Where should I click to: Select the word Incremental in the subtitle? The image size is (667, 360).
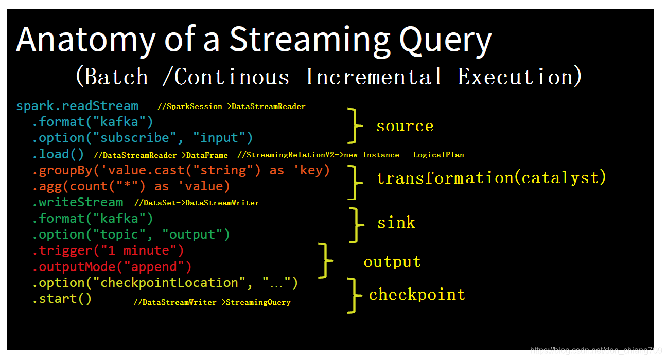(373, 77)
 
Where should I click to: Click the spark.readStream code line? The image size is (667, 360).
(77, 106)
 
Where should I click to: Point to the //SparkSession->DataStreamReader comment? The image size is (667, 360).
(231, 107)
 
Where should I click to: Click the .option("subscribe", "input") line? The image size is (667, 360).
(143, 138)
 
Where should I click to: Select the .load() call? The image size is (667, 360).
(58, 154)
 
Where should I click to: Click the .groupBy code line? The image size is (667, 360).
(181, 170)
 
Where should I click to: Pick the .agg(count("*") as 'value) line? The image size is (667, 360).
(131, 186)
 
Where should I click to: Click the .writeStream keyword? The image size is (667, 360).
(78, 203)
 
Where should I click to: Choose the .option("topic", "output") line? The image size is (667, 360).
(131, 235)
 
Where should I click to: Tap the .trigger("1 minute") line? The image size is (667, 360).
(108, 251)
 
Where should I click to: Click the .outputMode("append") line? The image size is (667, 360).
(112, 267)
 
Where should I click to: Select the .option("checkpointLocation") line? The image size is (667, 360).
(165, 283)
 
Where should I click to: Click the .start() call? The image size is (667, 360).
(62, 299)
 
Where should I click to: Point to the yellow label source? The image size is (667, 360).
(405, 127)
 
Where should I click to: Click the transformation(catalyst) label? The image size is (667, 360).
(491, 178)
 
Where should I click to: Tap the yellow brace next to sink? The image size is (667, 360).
(355, 225)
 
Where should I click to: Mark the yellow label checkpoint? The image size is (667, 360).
(417, 295)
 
